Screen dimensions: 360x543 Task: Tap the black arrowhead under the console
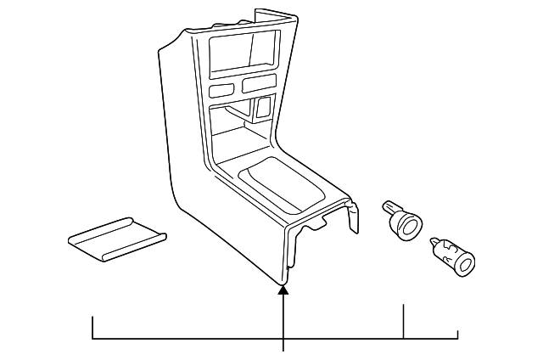click(284, 290)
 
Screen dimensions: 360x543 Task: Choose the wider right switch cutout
click(259, 83)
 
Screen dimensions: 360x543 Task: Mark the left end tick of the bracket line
click(92, 327)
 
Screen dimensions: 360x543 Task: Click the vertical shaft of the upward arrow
click(284, 318)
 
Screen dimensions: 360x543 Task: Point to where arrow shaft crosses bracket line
click(284, 338)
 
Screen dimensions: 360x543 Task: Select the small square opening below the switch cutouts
click(262, 108)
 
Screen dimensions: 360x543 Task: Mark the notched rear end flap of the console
click(322, 238)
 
